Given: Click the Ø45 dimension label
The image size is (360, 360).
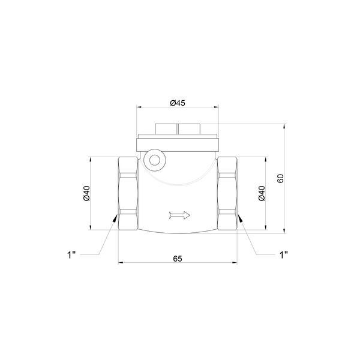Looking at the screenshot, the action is coord(178,103).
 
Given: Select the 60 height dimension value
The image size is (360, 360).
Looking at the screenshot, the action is coord(280,178).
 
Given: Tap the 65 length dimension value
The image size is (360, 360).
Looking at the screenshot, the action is coord(178,259).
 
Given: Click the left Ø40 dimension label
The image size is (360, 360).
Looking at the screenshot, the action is coord(86,193).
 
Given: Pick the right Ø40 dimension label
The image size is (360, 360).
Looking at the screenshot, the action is coord(262,193).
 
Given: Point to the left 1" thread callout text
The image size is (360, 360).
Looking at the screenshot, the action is coord(71,254).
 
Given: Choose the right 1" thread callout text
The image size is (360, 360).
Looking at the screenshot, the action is coord(284,254).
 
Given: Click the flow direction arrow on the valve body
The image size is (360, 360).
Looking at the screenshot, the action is coord(179,215).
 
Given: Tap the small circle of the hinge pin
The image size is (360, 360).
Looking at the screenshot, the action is coord(155,160).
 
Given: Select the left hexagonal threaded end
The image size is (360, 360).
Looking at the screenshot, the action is coord(128,193).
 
